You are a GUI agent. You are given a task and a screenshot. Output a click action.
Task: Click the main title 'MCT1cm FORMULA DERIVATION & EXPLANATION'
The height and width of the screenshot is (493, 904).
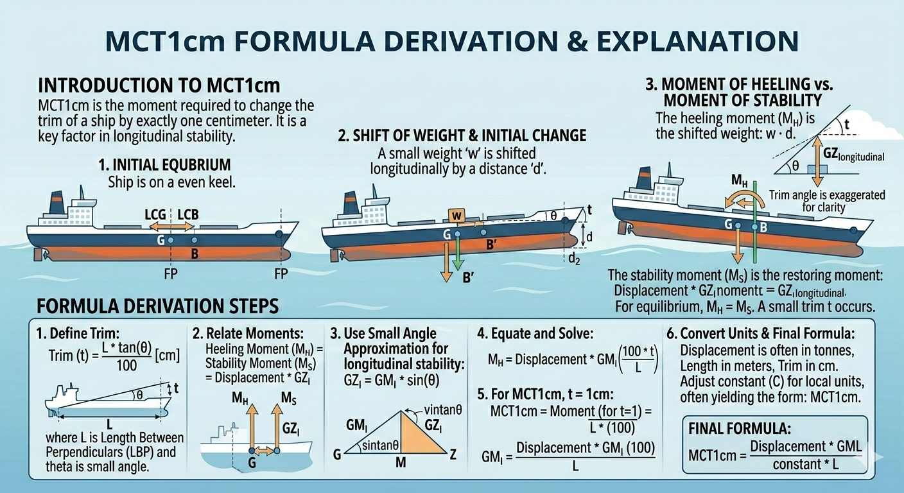click(452, 40)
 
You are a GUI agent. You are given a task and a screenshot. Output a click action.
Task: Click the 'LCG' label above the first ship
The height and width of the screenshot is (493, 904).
click(153, 213)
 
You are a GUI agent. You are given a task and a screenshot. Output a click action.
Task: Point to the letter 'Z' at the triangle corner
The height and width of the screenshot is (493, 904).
click(453, 454)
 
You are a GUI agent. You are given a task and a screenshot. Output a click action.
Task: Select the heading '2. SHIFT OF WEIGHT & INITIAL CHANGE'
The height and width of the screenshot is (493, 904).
click(462, 135)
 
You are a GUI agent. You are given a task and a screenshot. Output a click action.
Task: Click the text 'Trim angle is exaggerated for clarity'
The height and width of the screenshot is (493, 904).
click(827, 200)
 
